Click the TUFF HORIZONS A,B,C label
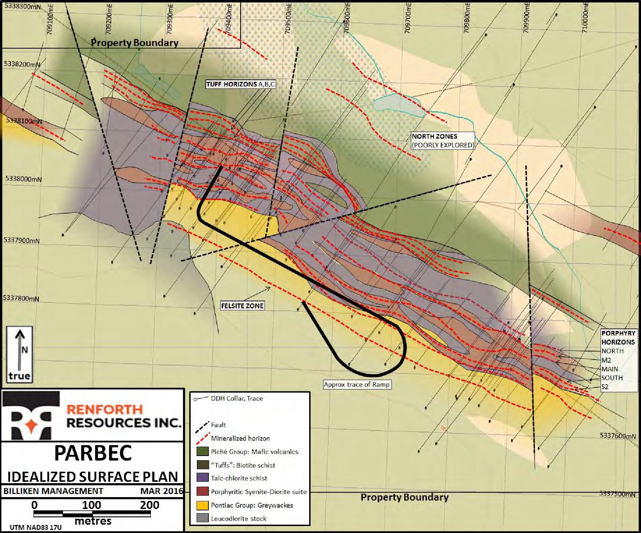point(241,84)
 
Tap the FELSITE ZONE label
point(242,306)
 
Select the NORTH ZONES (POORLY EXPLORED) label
point(443,141)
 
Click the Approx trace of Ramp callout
point(357,385)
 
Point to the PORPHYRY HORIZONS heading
point(618,338)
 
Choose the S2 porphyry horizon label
point(605,387)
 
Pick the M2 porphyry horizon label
point(606,360)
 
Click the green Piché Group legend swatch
point(203,451)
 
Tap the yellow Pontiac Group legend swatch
point(203,505)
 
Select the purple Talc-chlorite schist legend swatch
point(203,478)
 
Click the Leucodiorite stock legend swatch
point(203,518)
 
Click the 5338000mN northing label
point(24,179)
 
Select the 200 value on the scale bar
point(150,505)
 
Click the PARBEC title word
point(93,453)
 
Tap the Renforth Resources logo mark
point(31,415)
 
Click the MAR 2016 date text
point(162,491)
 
